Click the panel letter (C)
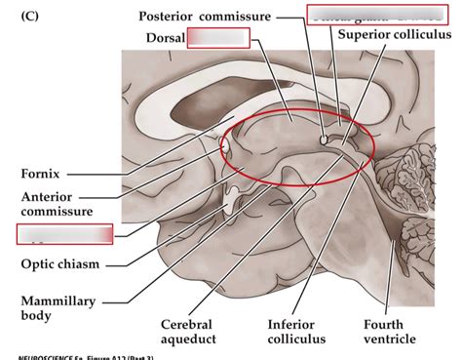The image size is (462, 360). tap(30, 17)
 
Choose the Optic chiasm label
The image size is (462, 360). tap(59, 262)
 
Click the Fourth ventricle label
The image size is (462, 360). tap(390, 331)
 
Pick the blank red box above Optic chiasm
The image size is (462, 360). tap(64, 234)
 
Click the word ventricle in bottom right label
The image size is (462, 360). tap(390, 340)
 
